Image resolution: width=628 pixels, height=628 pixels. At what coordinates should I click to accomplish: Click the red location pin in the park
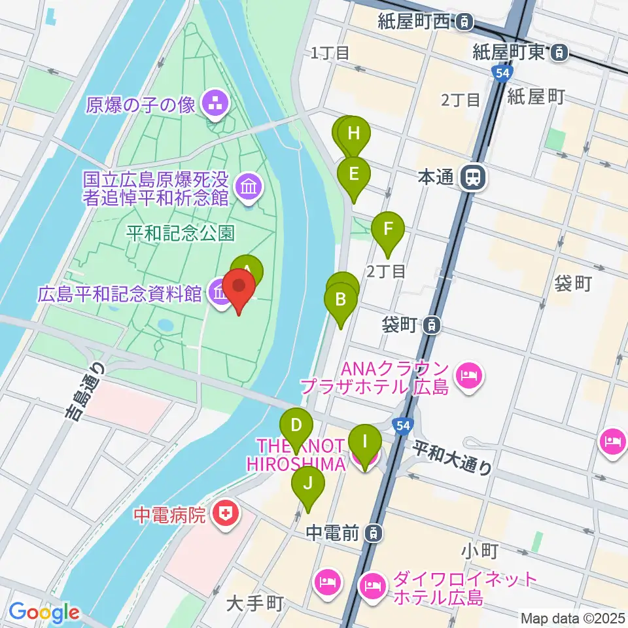pyautogui.click(x=239, y=287)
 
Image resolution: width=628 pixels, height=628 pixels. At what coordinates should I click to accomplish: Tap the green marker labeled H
pyautogui.click(x=354, y=134)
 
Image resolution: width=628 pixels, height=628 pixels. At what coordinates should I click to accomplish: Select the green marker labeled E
pyautogui.click(x=354, y=174)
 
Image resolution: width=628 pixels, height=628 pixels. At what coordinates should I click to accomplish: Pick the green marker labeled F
pyautogui.click(x=388, y=230)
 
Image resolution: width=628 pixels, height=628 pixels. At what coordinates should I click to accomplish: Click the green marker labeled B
pyautogui.click(x=341, y=300)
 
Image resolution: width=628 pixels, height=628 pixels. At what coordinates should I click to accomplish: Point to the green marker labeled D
pyautogui.click(x=296, y=425)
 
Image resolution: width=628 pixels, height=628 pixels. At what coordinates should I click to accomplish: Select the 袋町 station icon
pyautogui.click(x=431, y=324)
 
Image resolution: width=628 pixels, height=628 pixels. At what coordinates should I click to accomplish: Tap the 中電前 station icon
pyautogui.click(x=372, y=533)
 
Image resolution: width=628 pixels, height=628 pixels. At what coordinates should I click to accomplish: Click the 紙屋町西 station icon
pyautogui.click(x=464, y=22)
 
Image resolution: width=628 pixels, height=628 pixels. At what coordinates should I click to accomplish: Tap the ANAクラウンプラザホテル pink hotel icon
pyautogui.click(x=468, y=376)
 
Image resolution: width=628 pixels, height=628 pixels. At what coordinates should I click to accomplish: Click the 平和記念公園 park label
pyautogui.click(x=181, y=234)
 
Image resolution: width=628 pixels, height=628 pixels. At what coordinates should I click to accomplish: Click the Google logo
pyautogui.click(x=43, y=612)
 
